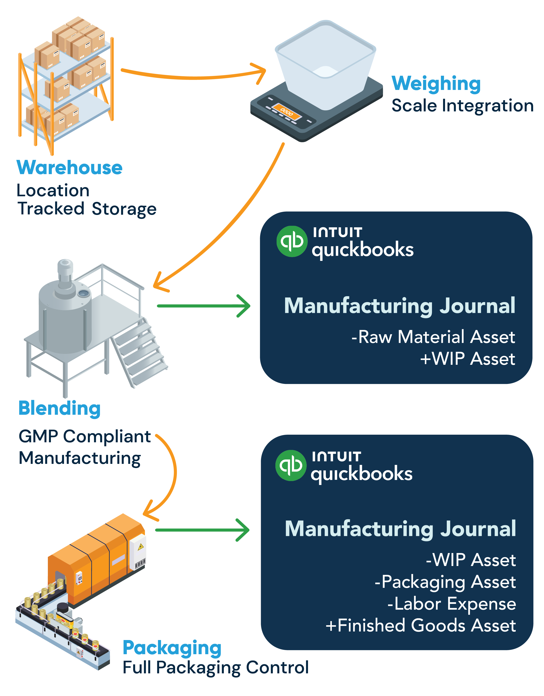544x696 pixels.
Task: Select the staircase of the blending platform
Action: [x=140, y=351]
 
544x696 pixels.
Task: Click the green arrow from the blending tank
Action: [x=204, y=306]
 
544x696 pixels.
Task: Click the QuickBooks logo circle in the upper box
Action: [x=292, y=241]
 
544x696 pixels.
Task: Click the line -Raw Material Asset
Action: [x=433, y=337]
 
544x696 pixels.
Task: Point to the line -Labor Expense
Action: [x=452, y=604]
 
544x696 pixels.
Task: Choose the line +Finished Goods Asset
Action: [x=420, y=625]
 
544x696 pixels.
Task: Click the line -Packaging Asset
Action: [x=445, y=582]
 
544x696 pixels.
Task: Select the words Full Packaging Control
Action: [x=216, y=668]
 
